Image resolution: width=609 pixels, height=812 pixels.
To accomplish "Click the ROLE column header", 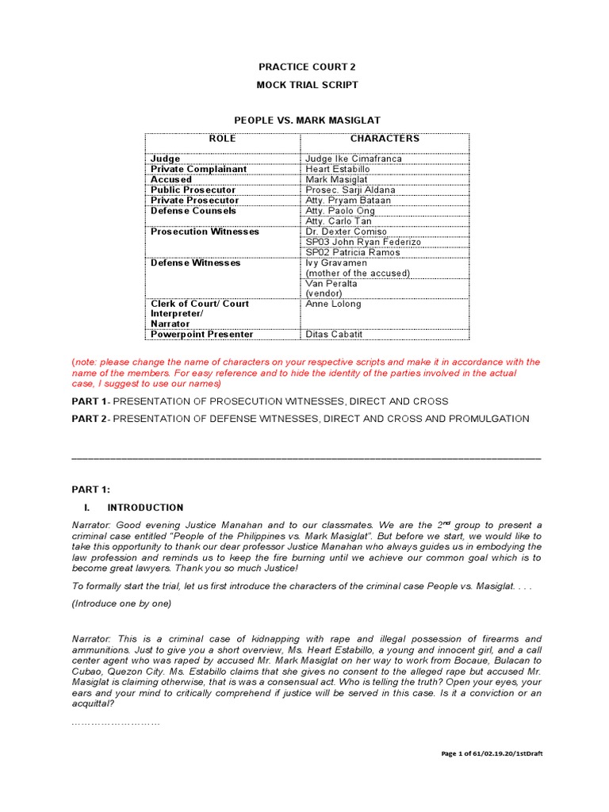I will pyautogui.click(x=222, y=139).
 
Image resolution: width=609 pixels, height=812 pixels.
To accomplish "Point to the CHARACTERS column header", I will pyautogui.click(x=385, y=139).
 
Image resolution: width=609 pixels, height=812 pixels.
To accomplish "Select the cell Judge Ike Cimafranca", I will pyautogui.click(x=354, y=159).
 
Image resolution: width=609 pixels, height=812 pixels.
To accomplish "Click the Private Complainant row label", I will pyautogui.click(x=199, y=169).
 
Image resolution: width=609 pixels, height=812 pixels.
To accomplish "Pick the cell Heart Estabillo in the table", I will pyautogui.click(x=339, y=169).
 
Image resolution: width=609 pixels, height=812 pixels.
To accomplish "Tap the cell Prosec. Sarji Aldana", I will pyautogui.click(x=350, y=190).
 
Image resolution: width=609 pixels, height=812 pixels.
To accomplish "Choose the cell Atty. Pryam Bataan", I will pyautogui.click(x=348, y=201).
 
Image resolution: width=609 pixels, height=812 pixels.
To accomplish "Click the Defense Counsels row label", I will pyautogui.click(x=193, y=211).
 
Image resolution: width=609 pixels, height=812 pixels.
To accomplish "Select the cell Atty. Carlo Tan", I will pyautogui.click(x=339, y=221).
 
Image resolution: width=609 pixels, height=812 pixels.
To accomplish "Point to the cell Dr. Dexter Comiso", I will pyautogui.click(x=347, y=232).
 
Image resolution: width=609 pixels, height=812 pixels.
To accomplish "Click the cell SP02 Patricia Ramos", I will pyautogui.click(x=353, y=252).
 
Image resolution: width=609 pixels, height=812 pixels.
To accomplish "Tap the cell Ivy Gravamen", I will pyautogui.click(x=336, y=262).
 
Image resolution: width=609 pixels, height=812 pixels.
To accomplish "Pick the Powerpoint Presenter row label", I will pyautogui.click(x=202, y=335).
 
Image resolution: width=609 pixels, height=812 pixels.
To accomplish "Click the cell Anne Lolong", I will pyautogui.click(x=333, y=304).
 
